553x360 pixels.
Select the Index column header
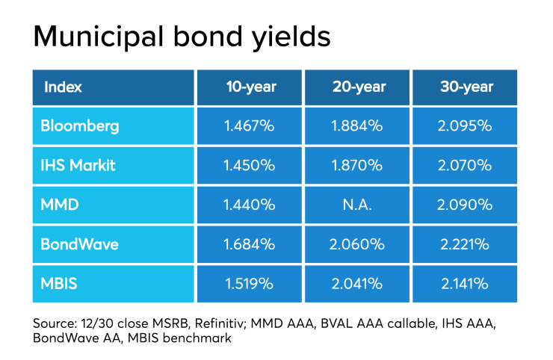[x=64, y=87]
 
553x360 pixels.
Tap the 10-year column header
[x=251, y=87]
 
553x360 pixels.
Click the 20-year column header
[x=359, y=87]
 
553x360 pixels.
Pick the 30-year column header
[x=466, y=87]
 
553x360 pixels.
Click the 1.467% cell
[x=250, y=126]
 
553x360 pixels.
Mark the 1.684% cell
[x=250, y=244]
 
